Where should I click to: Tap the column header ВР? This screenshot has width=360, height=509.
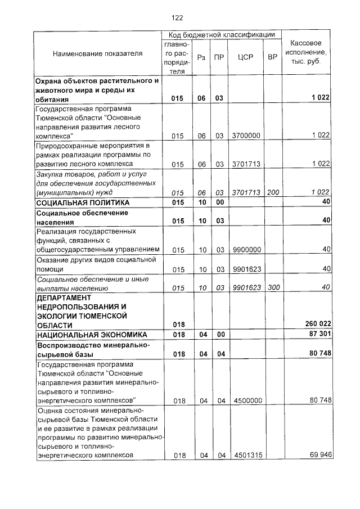[x=273, y=57]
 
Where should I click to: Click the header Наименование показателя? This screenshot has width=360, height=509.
[x=97, y=53]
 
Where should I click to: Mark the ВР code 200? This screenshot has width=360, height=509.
[x=273, y=192]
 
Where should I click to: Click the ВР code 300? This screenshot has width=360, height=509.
[x=273, y=288]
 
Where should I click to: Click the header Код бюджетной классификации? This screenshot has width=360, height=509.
[x=222, y=35]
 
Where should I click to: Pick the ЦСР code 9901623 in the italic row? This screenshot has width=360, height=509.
[x=246, y=288]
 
